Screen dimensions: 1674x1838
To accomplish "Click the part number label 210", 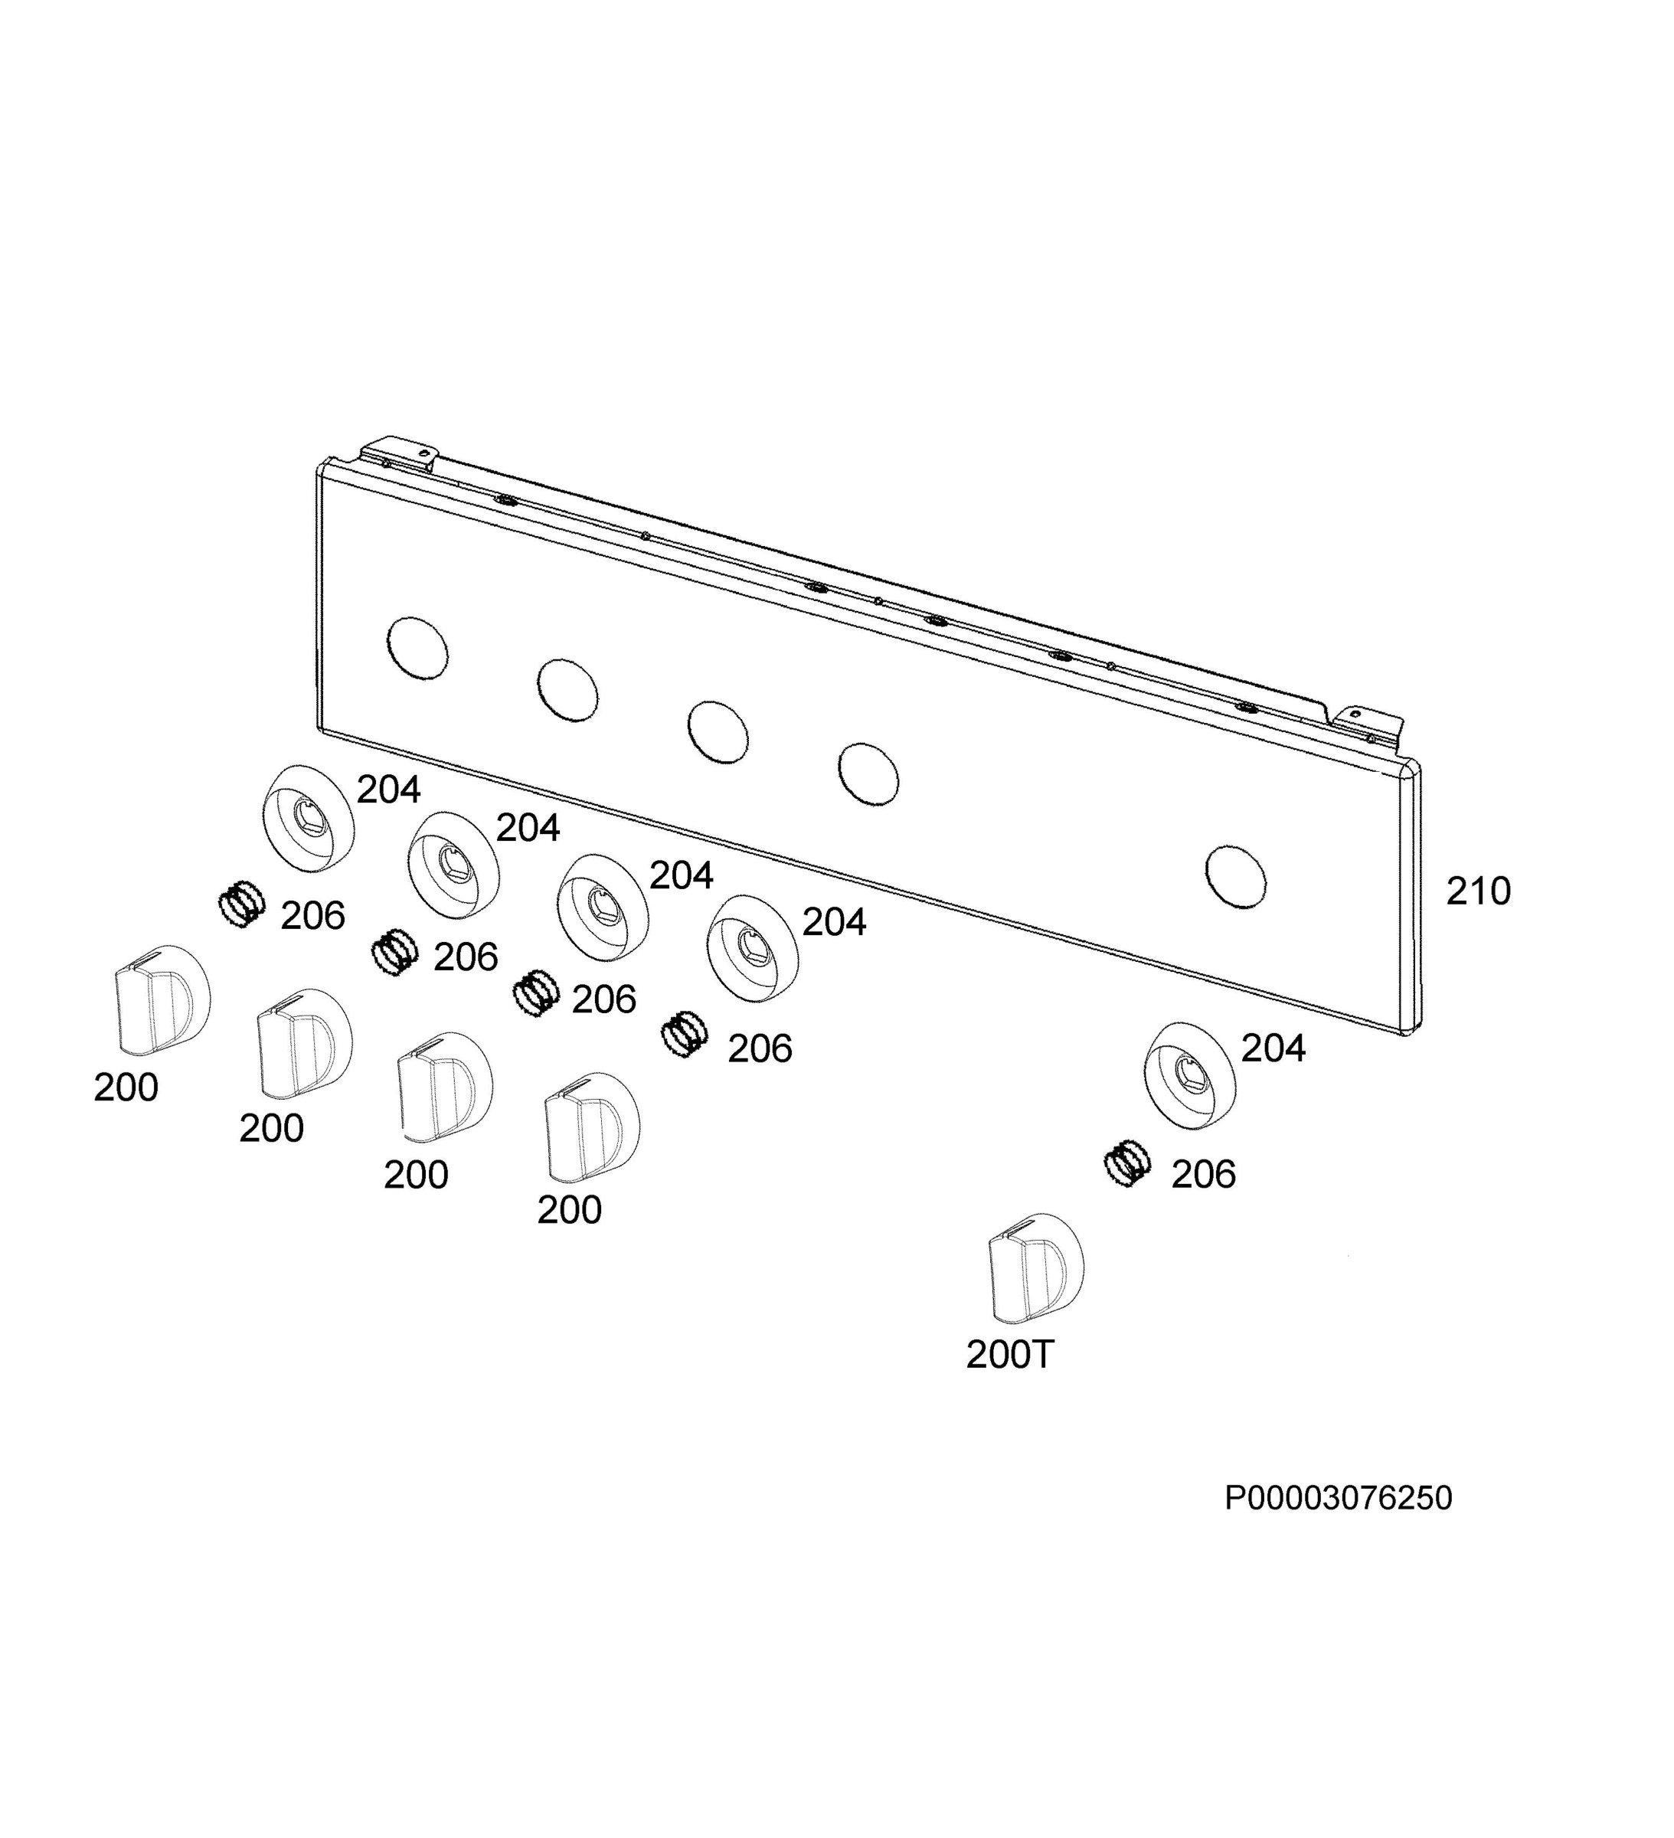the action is point(1478,891).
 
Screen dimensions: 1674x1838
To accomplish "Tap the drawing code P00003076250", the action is point(1339,1498).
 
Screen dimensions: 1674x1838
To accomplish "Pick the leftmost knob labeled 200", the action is point(162,997).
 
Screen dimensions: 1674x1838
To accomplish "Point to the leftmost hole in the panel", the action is point(417,647).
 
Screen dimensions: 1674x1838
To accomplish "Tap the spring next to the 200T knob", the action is point(1127,1164).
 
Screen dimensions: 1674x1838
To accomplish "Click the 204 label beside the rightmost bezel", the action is point(1273,1048).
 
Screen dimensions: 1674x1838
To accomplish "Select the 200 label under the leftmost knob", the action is point(126,1087).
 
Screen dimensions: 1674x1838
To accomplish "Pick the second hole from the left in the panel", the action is point(568,689).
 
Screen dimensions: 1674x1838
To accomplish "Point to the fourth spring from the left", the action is point(684,1035).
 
